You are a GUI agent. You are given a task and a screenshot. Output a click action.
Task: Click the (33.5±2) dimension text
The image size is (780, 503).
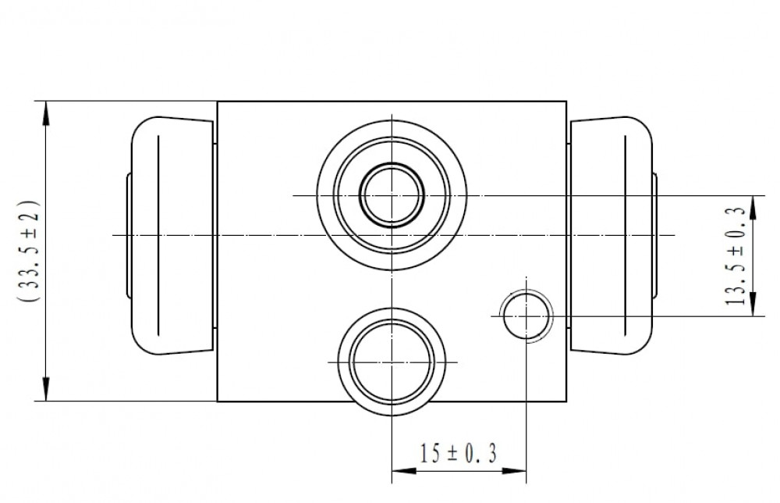pyautogui.click(x=28, y=251)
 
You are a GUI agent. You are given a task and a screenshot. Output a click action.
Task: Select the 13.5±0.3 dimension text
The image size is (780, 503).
pyautogui.click(x=736, y=256)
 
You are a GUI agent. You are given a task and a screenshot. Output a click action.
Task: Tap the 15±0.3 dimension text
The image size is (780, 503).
pyautogui.click(x=458, y=453)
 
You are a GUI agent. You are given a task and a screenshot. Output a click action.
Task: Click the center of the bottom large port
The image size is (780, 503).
pyautogui.click(x=392, y=362)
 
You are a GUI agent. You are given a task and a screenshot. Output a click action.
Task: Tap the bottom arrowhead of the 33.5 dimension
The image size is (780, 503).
pyautogui.click(x=46, y=389)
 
